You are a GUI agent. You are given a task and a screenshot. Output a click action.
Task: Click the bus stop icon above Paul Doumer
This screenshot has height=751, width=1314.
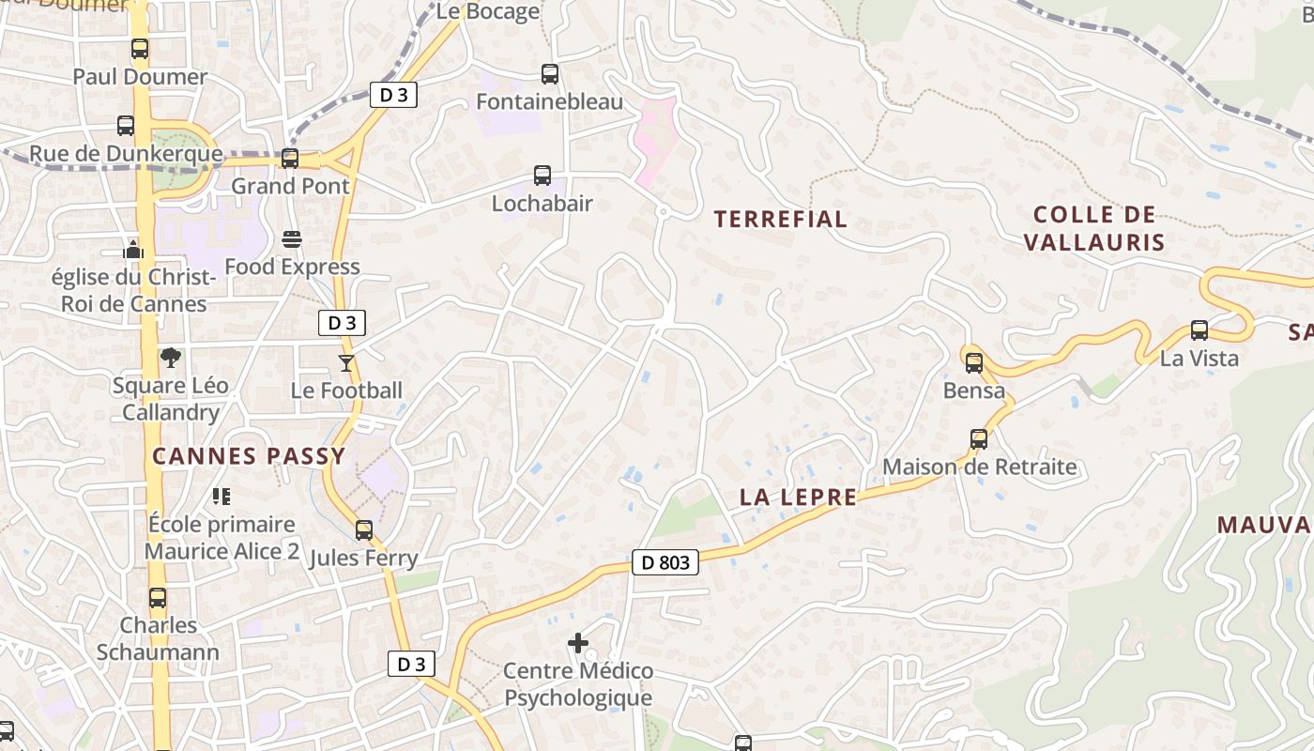point(140,49)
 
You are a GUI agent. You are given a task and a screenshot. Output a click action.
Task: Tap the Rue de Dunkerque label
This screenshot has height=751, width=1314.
point(126,154)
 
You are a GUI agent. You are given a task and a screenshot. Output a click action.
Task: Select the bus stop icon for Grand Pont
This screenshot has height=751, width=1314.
point(290,159)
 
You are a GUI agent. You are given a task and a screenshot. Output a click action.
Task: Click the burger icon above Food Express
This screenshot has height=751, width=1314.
point(292,239)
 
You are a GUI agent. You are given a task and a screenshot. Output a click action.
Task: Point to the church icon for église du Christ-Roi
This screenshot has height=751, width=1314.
point(133,250)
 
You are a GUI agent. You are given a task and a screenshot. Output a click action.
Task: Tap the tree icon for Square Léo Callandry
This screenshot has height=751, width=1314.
point(171,358)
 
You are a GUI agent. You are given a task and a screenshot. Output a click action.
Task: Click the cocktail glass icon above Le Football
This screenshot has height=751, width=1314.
point(346,362)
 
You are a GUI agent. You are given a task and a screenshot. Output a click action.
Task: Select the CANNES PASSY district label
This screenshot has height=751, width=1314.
point(249,456)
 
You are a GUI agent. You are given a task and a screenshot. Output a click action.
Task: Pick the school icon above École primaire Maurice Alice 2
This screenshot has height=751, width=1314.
point(222,496)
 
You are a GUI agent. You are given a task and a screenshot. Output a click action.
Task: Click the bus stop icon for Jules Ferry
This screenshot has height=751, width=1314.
point(364,530)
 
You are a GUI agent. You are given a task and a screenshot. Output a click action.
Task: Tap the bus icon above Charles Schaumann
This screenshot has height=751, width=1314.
point(158,597)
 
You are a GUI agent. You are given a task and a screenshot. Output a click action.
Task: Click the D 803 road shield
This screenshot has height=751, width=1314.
point(665,562)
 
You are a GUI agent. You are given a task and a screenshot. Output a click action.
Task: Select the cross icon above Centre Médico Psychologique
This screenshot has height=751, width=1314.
point(578,643)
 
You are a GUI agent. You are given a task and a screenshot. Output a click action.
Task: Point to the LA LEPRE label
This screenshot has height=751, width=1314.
point(798,498)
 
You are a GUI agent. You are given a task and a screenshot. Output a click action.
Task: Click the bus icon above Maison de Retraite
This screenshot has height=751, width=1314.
point(979,438)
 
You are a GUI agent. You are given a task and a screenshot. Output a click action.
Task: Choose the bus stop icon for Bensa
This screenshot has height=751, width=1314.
point(974,362)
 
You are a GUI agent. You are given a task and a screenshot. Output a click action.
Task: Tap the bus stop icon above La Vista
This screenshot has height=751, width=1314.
point(1199,330)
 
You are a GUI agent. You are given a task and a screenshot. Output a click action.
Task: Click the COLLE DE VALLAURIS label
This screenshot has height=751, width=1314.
point(1093,228)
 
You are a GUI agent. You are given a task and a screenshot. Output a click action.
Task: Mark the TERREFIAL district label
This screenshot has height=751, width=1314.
point(780,220)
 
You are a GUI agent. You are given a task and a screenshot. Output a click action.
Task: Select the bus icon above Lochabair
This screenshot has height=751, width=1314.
point(542,175)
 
